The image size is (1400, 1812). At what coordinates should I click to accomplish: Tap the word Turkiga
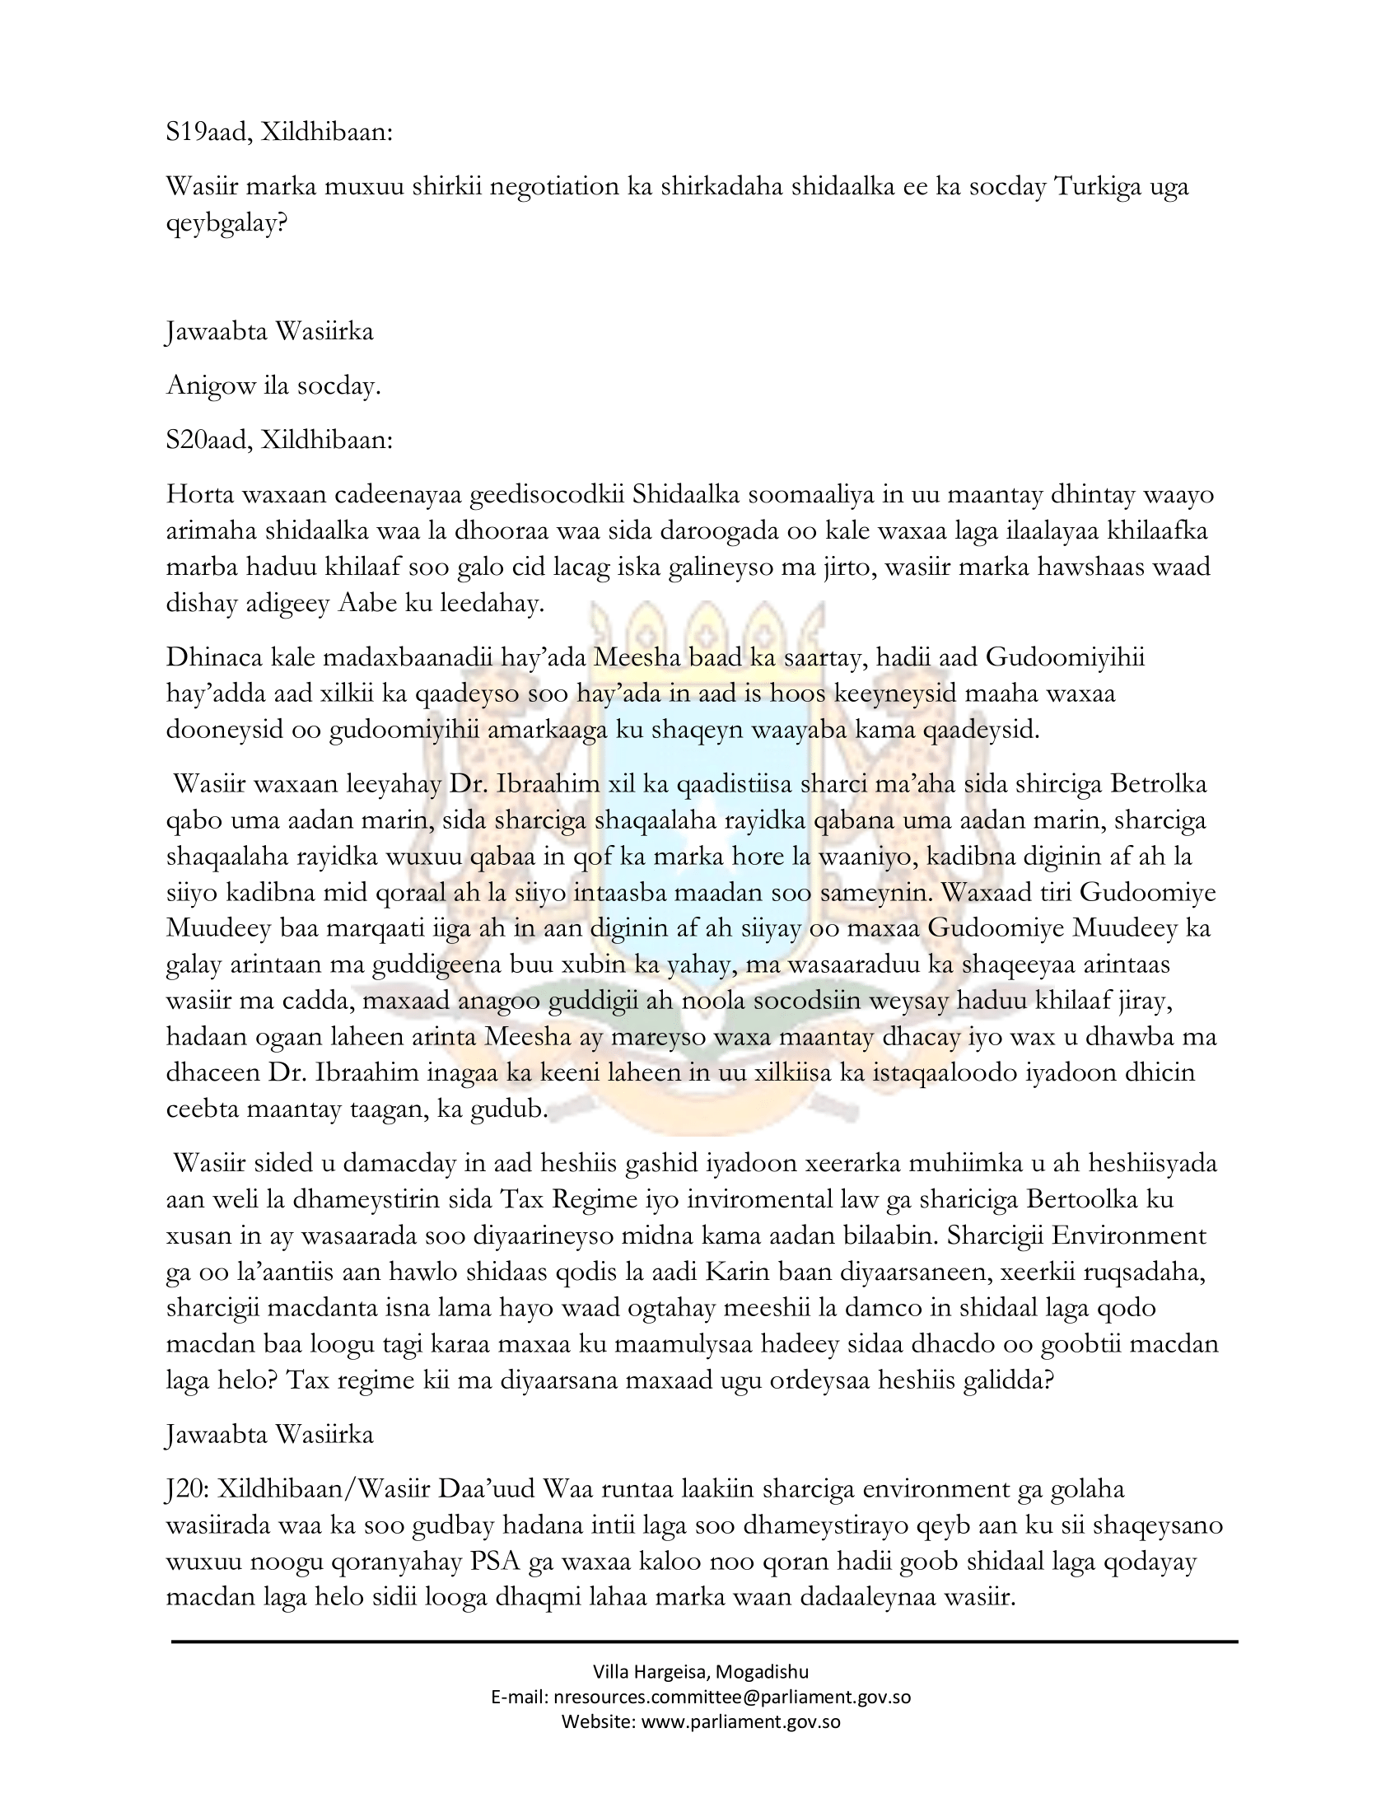1094,187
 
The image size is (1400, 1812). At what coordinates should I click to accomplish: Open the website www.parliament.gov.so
741,1721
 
